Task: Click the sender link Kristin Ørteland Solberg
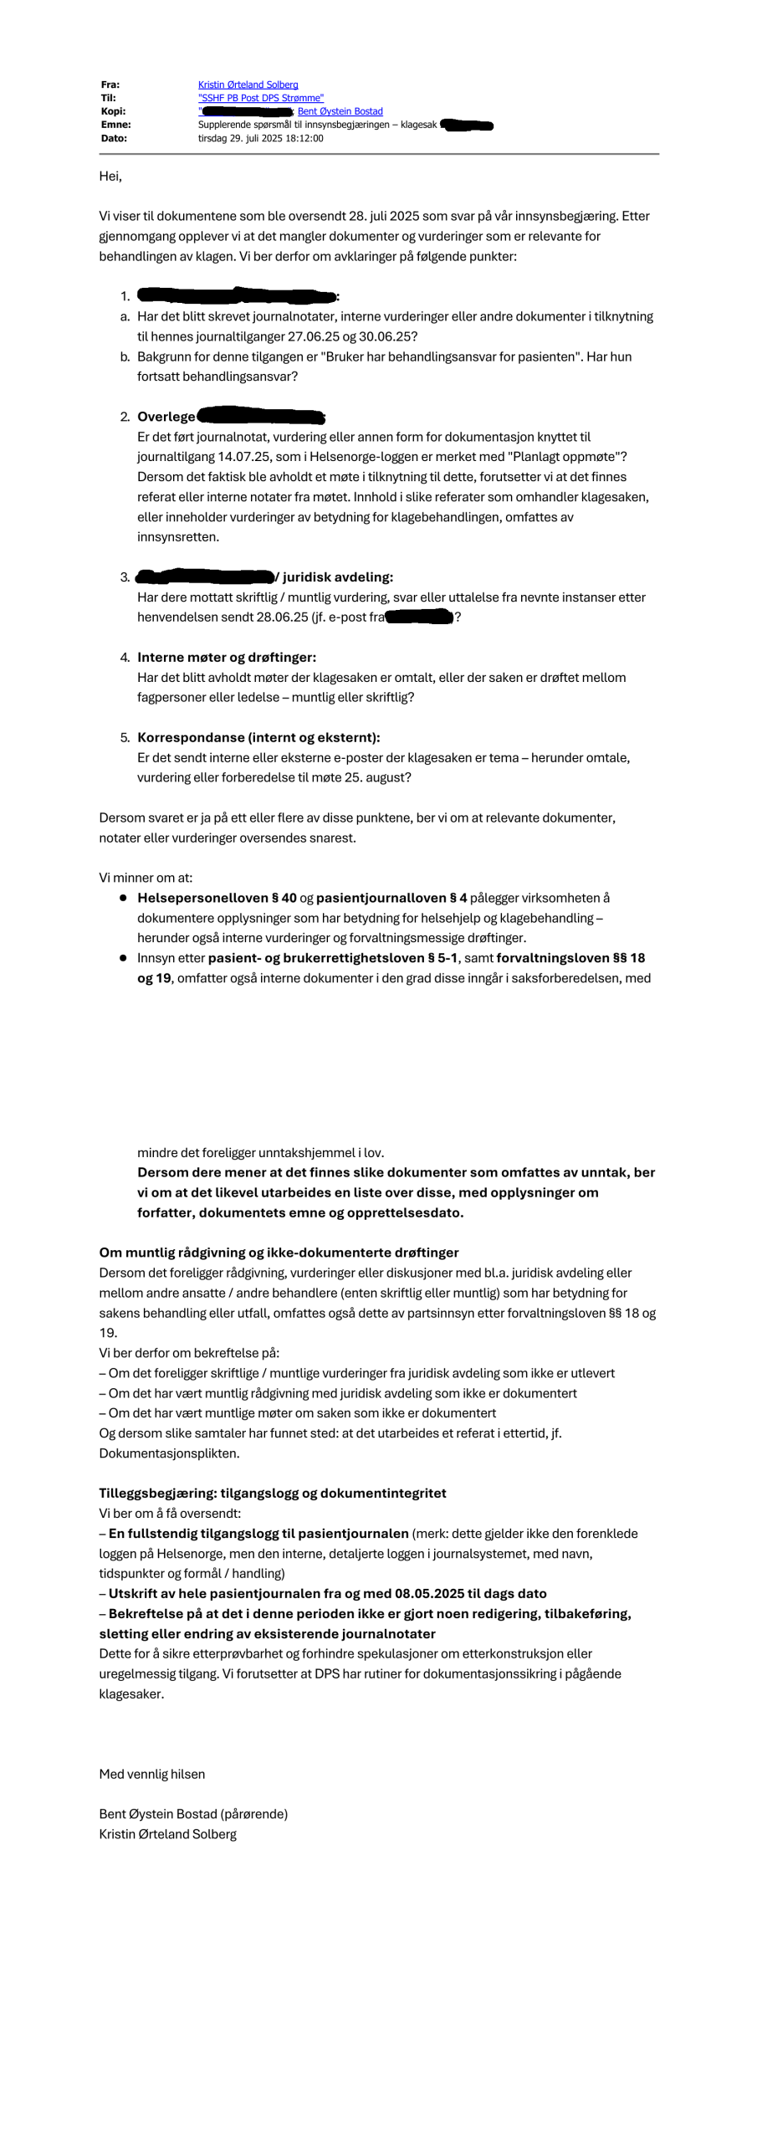coord(248,85)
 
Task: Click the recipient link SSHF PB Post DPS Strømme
coord(260,98)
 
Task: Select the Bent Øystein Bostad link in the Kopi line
coord(340,111)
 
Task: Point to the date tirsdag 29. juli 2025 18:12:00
coord(260,138)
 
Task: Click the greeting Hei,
coord(110,176)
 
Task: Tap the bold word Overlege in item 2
coord(166,417)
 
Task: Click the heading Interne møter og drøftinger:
coord(227,657)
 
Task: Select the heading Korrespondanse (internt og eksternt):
coord(258,737)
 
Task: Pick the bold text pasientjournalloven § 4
coord(391,898)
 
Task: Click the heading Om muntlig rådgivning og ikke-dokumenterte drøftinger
coord(279,1253)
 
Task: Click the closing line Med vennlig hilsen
coord(152,1774)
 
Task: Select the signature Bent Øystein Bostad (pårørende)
coord(193,1814)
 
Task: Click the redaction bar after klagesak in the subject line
coord(467,126)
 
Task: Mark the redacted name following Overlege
coord(260,416)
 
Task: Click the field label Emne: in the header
coord(115,125)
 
